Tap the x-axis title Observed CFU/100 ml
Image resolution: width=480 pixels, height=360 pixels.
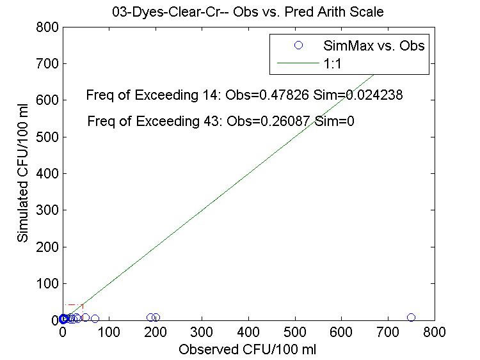point(248,350)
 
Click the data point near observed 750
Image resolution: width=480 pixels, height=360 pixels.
point(411,317)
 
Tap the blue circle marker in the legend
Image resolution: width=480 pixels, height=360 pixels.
point(298,45)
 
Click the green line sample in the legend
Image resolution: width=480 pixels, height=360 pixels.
point(298,63)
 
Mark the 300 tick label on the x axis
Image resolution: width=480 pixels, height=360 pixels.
point(202,333)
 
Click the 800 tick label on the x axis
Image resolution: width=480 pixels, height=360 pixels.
point(434,333)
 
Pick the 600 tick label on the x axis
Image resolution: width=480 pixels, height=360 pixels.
point(341,333)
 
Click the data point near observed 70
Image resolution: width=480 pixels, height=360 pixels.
point(95,318)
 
